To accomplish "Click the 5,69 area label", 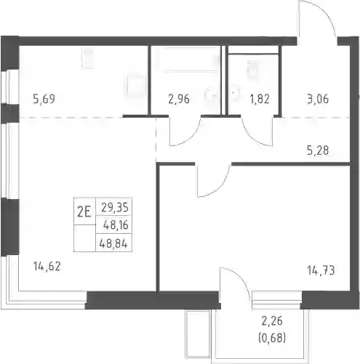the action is [x=44, y=99].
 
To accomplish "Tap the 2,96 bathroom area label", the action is [x=179, y=99].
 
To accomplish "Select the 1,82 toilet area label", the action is [x=260, y=99].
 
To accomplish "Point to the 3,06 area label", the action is [x=318, y=99].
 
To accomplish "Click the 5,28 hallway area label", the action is [x=318, y=150].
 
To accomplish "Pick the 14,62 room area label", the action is [x=47, y=267].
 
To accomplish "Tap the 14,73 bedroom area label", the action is [x=321, y=270].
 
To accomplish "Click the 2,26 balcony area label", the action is [x=272, y=321].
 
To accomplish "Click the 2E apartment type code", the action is [x=84, y=212].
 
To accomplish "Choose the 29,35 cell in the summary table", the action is [x=115, y=208].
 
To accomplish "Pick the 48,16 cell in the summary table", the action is [x=116, y=225].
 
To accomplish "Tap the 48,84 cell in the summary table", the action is [x=113, y=243].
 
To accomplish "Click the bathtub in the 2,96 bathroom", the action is [x=189, y=60].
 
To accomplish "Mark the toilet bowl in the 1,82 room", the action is [x=252, y=69].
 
